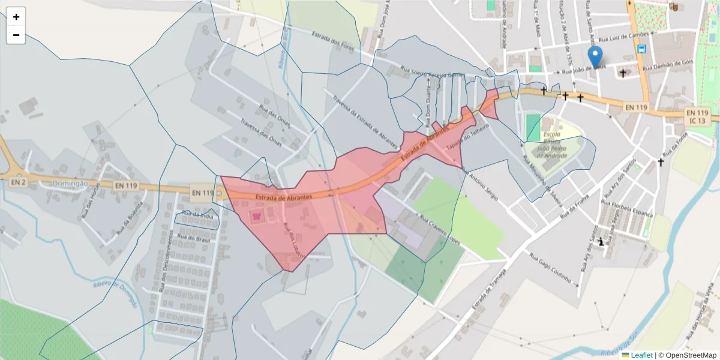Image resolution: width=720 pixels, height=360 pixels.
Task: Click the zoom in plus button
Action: pyautogui.click(x=16, y=17)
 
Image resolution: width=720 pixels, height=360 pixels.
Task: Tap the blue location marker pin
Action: pyautogui.click(x=595, y=58)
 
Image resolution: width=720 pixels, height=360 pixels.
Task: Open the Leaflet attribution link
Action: pyautogui.click(x=641, y=355)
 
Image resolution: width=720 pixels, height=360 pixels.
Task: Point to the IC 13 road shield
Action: pyautogui.click(x=697, y=121)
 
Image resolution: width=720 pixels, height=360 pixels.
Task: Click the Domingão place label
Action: pyautogui.click(x=70, y=184)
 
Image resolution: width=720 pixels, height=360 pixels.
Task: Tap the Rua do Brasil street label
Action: pyautogui.click(x=193, y=237)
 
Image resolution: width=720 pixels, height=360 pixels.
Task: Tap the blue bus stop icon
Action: pyautogui.click(x=642, y=49)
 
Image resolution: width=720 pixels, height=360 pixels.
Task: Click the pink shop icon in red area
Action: pyautogui.click(x=257, y=217)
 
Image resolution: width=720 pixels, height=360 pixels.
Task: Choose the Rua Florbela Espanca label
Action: pyautogui.click(x=626, y=208)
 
